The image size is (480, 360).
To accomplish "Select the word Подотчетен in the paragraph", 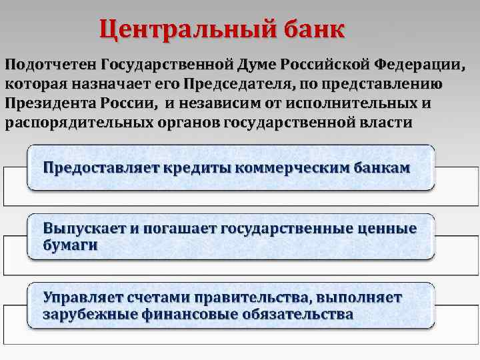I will pos(51,66).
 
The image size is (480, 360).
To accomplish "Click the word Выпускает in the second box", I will pos(83,229).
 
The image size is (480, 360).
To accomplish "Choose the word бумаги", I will pos(70,245).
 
